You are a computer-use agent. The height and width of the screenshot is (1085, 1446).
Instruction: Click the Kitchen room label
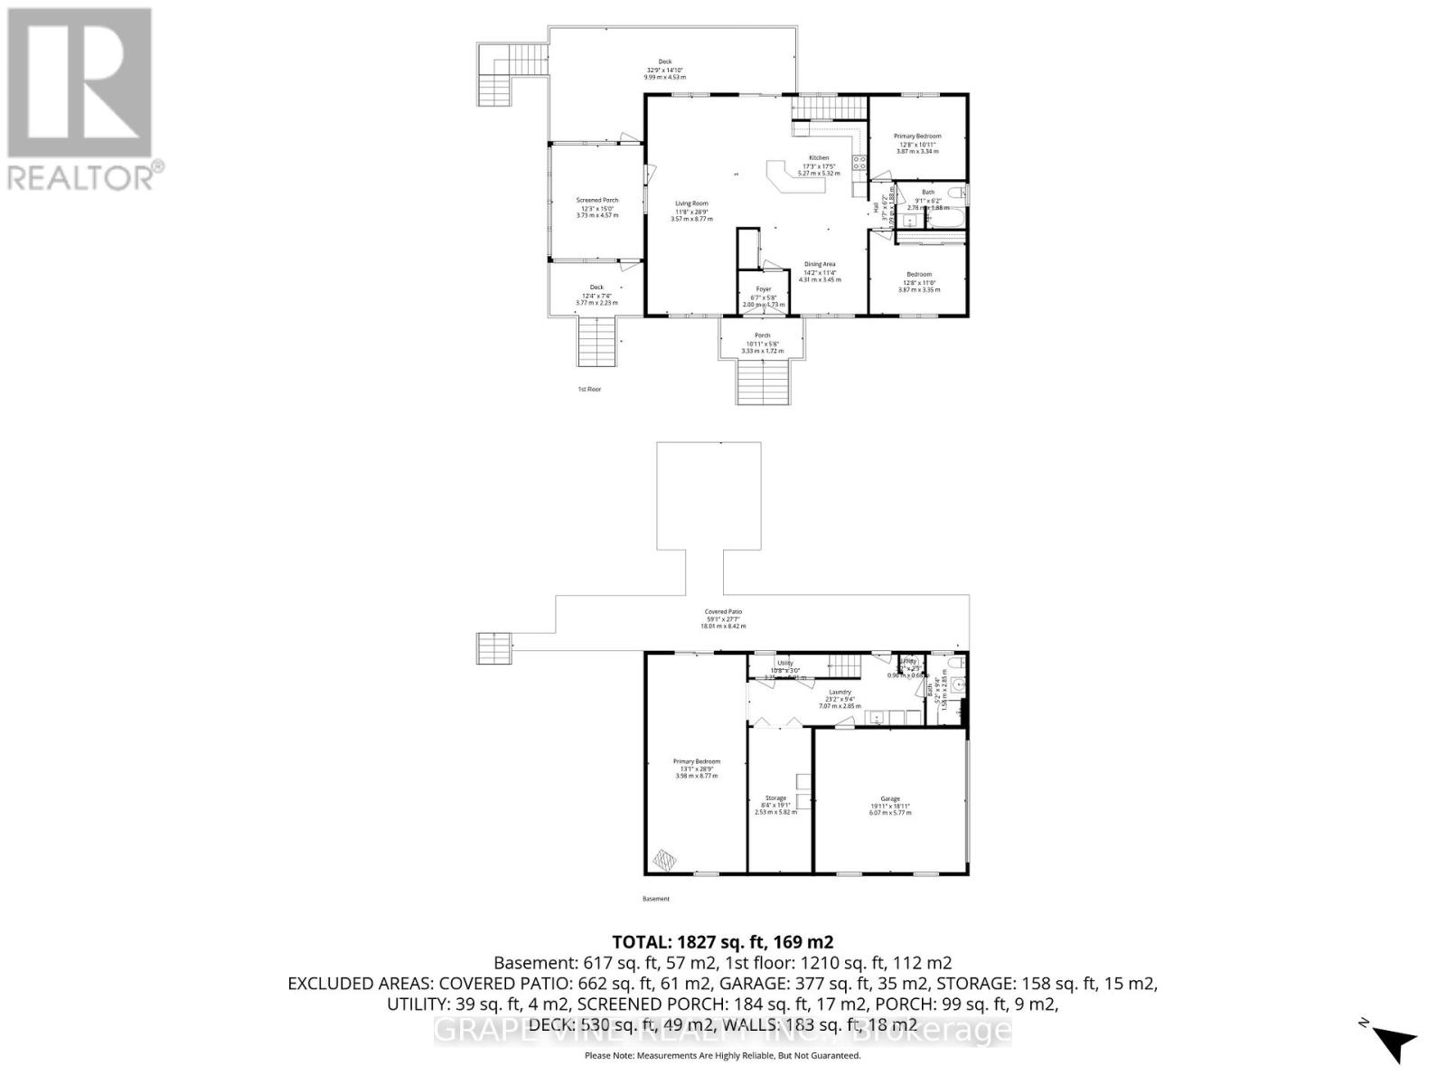tap(819, 158)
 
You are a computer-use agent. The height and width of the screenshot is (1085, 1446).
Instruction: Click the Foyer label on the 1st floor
tap(764, 289)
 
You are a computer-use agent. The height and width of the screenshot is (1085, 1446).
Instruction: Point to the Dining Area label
tap(820, 265)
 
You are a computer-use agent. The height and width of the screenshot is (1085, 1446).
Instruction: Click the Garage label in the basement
tap(890, 799)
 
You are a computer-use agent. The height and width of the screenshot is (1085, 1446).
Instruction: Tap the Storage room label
tap(775, 798)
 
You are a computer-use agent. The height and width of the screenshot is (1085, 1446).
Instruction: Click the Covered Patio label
tap(723, 612)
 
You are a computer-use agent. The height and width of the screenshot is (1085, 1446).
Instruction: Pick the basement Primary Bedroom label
tap(696, 762)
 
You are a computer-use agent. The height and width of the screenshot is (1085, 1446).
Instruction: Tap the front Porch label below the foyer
tap(763, 335)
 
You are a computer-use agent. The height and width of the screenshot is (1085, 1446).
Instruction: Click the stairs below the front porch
tap(763, 382)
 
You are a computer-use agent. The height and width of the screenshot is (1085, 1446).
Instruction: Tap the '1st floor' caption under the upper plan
tap(589, 390)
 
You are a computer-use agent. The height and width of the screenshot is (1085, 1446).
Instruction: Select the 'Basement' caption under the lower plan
tap(656, 899)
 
